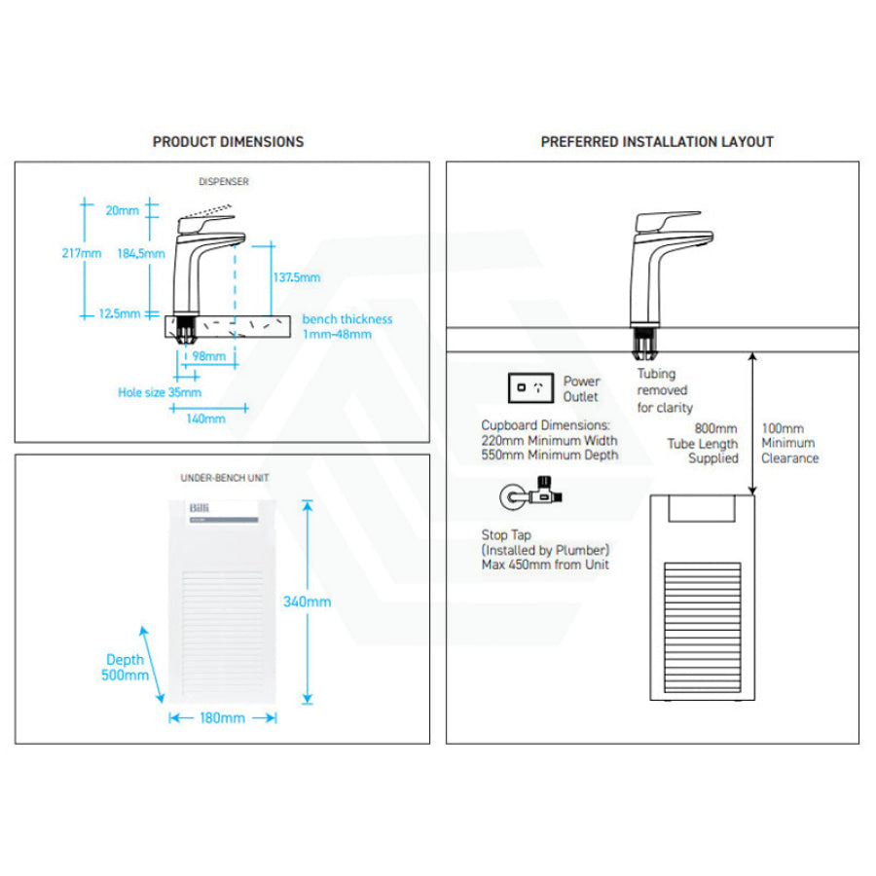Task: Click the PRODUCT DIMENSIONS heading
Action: click(228, 142)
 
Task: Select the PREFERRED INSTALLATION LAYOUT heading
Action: click(657, 142)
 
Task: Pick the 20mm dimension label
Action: click(123, 210)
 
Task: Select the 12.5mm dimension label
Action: click(121, 313)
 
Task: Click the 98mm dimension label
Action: click(208, 356)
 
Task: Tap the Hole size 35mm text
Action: click(160, 392)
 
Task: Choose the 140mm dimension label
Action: click(205, 419)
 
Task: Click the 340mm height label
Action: click(307, 602)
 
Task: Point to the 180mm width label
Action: click(222, 718)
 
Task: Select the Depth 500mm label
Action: click(125, 668)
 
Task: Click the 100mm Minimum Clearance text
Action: click(789, 443)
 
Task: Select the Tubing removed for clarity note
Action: click(665, 390)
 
